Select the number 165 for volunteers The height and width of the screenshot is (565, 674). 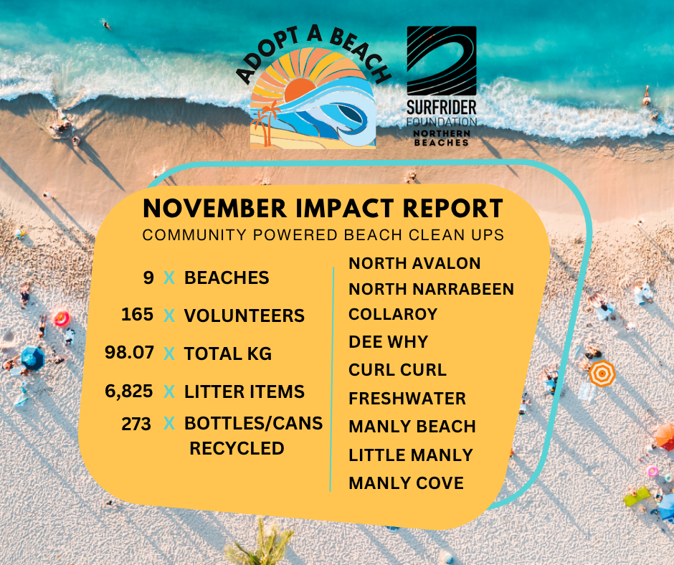coord(137,315)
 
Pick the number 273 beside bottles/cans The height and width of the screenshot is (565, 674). coord(136,424)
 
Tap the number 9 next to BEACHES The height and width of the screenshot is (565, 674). coord(148,277)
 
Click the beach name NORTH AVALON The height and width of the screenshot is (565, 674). coord(414,263)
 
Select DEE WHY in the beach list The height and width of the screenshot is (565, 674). coord(388,342)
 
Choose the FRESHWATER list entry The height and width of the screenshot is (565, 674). coord(407,398)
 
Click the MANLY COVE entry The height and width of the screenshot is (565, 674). coord(406,483)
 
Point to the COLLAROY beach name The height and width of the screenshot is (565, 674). coord(393,315)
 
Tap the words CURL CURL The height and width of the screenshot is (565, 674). coord(397,370)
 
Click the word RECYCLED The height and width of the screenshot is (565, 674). coord(237,449)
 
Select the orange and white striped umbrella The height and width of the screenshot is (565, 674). coord(602,373)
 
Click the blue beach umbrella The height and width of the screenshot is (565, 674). coord(32,357)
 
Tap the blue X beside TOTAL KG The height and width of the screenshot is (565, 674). coord(169,353)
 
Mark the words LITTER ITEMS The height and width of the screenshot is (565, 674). coord(244,391)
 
